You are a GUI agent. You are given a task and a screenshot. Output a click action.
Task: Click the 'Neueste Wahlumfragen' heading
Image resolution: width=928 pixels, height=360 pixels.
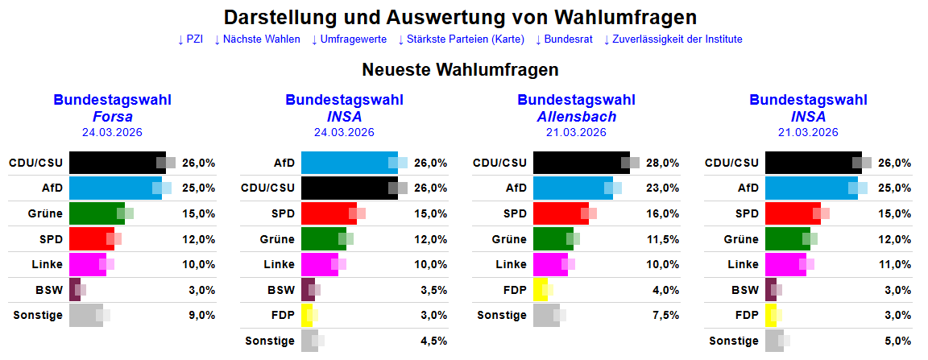460,70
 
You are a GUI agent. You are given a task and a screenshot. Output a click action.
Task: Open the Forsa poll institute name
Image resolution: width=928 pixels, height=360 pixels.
113,116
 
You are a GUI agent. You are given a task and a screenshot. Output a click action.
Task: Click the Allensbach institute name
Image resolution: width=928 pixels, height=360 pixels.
576,116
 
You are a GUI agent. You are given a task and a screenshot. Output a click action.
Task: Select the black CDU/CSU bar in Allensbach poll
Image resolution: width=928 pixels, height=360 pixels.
581,163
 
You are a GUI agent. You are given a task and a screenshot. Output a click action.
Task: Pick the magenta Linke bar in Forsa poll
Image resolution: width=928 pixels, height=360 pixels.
87,264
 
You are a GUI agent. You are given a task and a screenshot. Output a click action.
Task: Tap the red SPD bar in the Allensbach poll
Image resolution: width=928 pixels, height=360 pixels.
561,213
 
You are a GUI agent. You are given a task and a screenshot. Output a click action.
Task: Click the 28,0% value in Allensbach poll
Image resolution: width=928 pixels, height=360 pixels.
663,163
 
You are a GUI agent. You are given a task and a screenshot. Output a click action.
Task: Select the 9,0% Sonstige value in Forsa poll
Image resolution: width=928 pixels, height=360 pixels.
202,315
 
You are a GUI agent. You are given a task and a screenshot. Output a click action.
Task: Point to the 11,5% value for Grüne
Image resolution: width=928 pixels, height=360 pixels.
663,239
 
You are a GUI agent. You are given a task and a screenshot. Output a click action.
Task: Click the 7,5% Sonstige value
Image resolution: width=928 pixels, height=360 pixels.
666,315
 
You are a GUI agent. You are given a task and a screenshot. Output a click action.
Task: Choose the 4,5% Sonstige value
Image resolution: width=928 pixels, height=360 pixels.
434,341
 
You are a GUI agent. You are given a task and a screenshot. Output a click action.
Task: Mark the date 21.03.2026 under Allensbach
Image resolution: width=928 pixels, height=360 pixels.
576,132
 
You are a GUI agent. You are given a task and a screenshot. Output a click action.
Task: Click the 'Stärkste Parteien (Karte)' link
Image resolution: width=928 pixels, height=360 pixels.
462,39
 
